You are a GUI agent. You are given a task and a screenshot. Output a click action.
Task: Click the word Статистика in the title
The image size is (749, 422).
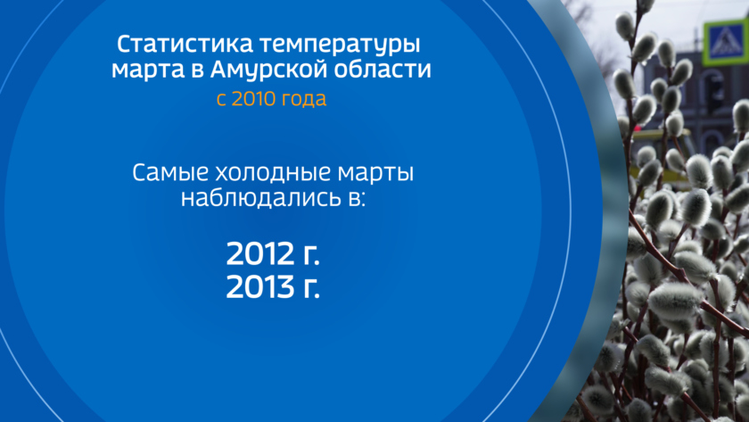click(x=185, y=45)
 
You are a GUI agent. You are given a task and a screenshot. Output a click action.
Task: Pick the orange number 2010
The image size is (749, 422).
click(x=253, y=99)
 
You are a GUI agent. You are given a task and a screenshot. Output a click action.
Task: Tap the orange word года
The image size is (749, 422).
click(x=304, y=100)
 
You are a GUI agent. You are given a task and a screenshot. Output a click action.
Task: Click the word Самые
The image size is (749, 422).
click(x=170, y=172)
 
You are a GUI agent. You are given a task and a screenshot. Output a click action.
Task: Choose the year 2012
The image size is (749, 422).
click(x=260, y=253)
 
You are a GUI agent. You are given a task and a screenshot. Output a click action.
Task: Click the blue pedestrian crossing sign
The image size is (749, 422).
click(x=726, y=42)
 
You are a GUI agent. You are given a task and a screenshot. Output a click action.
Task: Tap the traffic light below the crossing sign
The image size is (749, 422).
click(x=714, y=92)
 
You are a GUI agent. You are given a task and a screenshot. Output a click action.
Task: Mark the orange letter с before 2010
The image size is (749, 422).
click(x=221, y=100)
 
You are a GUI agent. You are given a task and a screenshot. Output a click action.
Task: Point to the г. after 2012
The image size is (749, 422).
click(x=311, y=256)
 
